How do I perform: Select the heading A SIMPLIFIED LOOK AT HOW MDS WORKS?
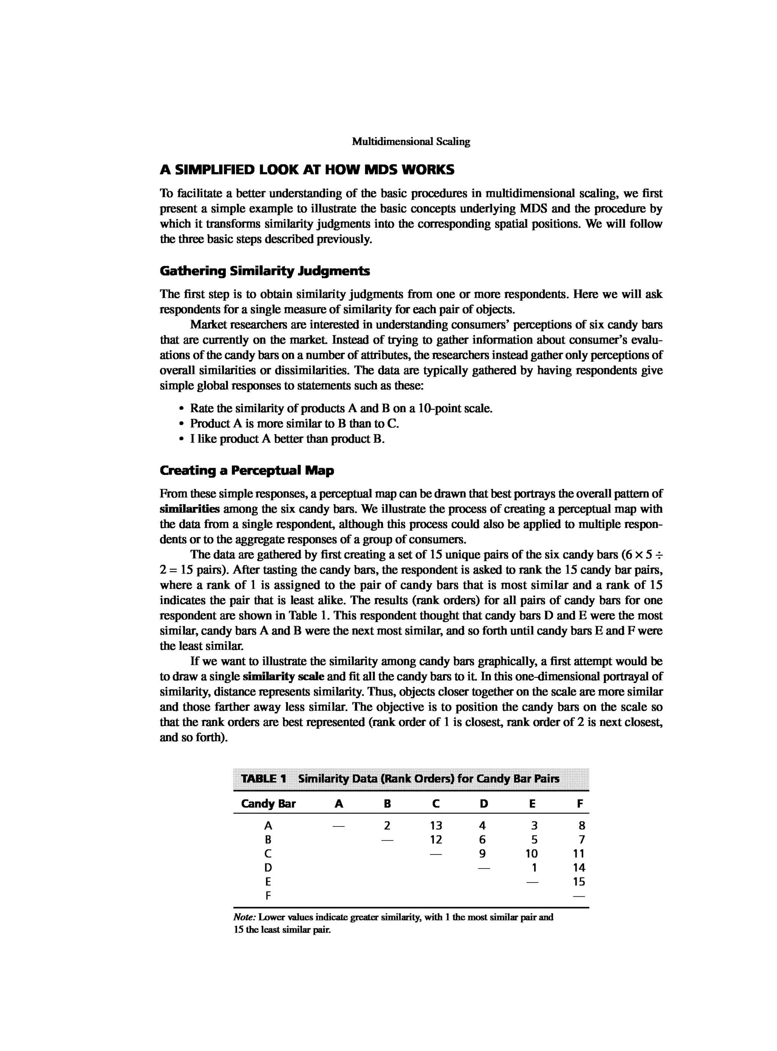[307, 170]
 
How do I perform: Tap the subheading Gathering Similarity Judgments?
[265, 271]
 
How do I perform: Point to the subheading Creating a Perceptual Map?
[247, 470]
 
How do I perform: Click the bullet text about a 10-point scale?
[341, 408]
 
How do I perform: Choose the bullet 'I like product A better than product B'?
[287, 439]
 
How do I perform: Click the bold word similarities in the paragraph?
[190, 509]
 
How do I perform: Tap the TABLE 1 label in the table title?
[263, 779]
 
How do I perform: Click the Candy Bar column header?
[268, 804]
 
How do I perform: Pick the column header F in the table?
[580, 804]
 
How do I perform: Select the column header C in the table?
[436, 804]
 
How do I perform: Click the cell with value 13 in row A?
[436, 825]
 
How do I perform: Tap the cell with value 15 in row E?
[579, 882]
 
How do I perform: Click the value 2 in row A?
[387, 825]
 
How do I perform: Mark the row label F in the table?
[268, 896]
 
